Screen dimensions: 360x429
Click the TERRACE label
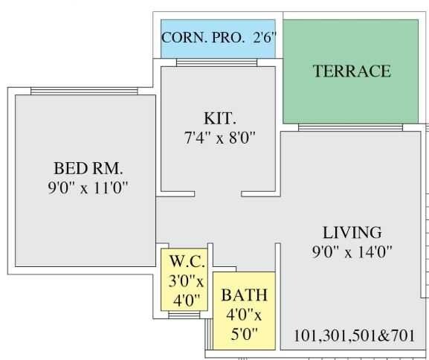351,71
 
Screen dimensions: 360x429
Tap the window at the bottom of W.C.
184,315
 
